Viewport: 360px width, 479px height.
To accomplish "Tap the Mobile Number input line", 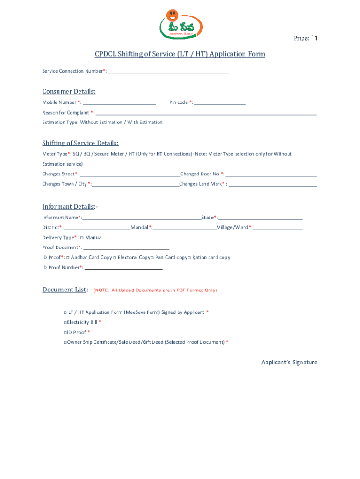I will click(x=119, y=103).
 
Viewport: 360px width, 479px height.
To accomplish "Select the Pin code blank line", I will click(x=220, y=103).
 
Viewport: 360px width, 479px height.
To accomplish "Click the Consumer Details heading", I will click(x=69, y=91).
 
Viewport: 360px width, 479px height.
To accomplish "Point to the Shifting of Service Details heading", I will click(x=80, y=143).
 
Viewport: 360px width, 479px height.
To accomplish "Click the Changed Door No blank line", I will click(x=271, y=175).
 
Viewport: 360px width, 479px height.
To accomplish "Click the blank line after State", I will click(x=260, y=218).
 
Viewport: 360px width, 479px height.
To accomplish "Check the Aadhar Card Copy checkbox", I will click(x=68, y=258).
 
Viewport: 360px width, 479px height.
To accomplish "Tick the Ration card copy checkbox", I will click(x=189, y=258).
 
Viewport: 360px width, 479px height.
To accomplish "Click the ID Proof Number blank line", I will click(x=123, y=269).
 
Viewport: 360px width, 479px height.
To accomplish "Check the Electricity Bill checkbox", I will click(x=65, y=322).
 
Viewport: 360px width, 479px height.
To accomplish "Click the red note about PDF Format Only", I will click(x=155, y=290).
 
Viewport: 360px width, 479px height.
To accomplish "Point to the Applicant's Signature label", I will click(x=289, y=363).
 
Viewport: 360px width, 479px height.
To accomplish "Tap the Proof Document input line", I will click(x=126, y=248).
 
